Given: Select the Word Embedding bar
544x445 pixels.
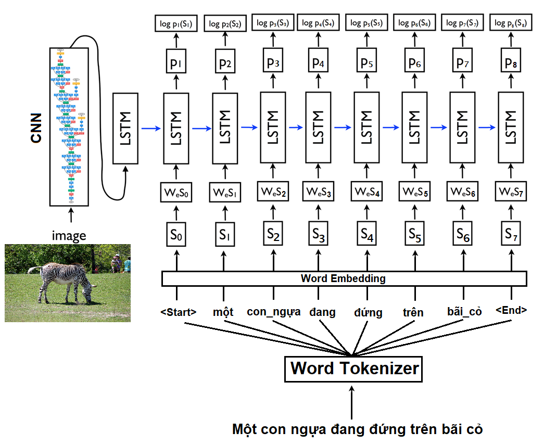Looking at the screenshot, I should click(343, 278).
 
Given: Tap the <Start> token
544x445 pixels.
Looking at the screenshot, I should click(179, 312).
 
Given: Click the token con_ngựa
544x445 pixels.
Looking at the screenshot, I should click(273, 312).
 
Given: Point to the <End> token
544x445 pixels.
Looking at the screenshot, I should click(511, 310).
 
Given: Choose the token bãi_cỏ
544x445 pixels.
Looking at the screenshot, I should click(464, 312).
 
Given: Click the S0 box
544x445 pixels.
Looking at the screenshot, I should click(176, 236).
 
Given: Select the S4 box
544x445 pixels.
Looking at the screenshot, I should click(367, 236).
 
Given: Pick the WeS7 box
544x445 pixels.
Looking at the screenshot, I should click(511, 192).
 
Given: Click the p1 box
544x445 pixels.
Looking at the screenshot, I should click(176, 65).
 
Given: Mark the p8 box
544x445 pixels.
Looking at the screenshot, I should click(511, 63).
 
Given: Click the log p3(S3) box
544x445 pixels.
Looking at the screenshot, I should click(273, 23).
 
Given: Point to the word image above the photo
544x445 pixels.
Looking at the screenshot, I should click(69, 236).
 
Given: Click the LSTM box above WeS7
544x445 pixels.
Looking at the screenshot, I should click(511, 127).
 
